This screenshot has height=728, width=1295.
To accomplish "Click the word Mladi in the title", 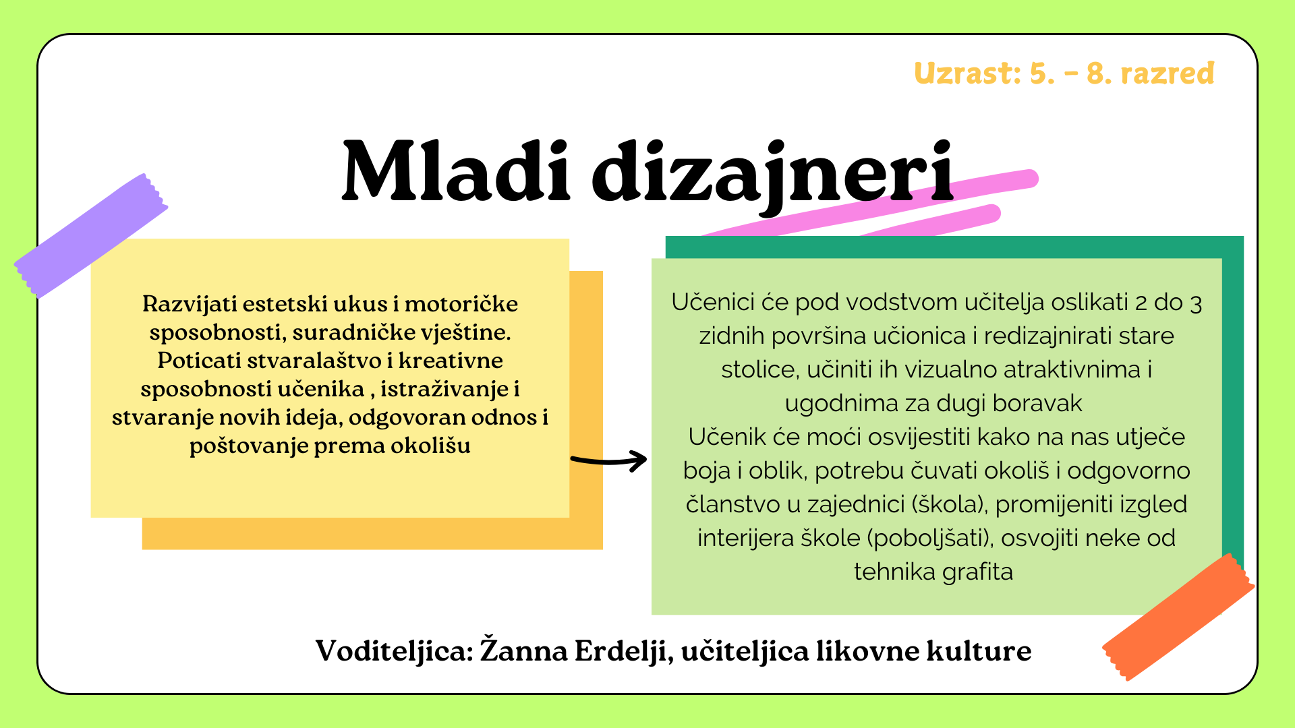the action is click(457, 171).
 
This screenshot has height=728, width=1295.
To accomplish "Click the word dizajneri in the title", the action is click(773, 177).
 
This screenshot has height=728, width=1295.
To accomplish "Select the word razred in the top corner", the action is click(1168, 73).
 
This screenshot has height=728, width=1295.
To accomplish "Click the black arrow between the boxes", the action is click(608, 461).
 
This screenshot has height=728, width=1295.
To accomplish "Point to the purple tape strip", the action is click(91, 235).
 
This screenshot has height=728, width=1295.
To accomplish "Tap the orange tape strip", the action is click(1178, 617).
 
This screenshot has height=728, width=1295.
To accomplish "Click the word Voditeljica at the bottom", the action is click(395, 652).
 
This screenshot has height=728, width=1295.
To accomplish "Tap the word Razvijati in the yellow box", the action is click(190, 304).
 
